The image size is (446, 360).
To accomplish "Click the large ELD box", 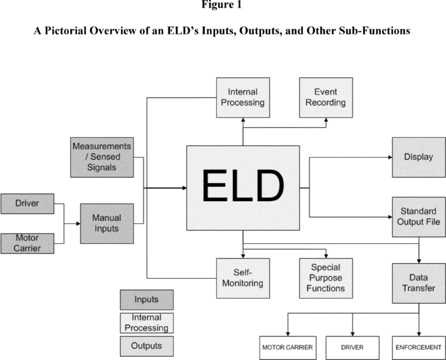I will click(243, 188).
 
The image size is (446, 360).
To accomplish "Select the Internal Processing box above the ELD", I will click(242, 97).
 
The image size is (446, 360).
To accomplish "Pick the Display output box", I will click(419, 156).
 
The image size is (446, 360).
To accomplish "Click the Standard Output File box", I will click(419, 216).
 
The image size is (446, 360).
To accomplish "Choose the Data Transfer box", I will click(419, 283).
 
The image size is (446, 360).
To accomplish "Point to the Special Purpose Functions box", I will click(326, 278).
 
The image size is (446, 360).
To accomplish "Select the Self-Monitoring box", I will click(242, 278).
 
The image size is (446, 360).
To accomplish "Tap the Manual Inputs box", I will click(107, 223).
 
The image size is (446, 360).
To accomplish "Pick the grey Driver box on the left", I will click(27, 204).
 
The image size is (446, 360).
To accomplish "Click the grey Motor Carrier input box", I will click(27, 243).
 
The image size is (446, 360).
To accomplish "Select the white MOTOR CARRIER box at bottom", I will click(286, 347).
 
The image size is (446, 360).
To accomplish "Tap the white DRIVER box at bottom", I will click(353, 347).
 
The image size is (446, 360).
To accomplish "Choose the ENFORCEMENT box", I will click(418, 347).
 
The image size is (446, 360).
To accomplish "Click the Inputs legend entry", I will click(146, 299).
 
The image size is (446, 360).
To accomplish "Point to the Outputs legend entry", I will click(146, 346).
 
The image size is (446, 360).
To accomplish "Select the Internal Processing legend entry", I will click(146, 322).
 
